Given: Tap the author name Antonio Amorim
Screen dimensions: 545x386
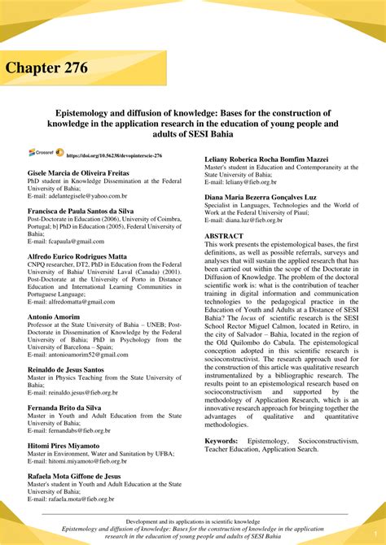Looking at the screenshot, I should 55,316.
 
